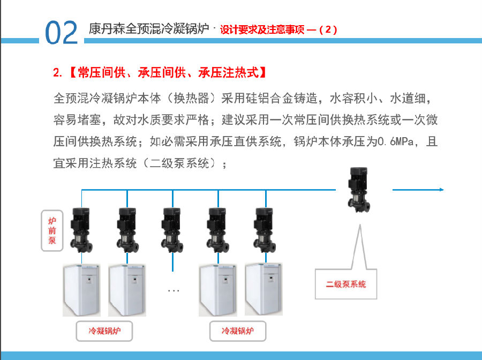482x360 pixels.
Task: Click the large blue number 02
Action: (x=61, y=32)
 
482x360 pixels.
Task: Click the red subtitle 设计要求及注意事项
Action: (x=262, y=29)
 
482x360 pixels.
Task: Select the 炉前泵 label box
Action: (x=52, y=230)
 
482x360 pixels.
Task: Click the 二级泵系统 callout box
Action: (x=346, y=284)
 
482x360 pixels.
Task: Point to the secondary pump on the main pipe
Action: (x=358, y=190)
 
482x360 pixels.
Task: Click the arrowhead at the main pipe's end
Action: (x=442, y=190)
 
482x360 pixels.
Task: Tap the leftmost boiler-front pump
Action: (x=81, y=230)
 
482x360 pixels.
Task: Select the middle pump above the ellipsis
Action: (x=172, y=230)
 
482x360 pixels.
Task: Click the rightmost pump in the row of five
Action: (x=265, y=230)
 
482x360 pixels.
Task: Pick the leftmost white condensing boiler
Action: (x=82, y=290)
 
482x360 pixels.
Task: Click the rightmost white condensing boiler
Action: (x=263, y=289)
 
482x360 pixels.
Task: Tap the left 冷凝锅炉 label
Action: (x=104, y=331)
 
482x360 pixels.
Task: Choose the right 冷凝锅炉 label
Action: (x=238, y=331)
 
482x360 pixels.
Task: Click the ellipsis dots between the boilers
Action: (x=174, y=290)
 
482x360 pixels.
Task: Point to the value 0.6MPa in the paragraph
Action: (x=396, y=141)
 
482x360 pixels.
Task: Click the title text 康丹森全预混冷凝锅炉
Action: (x=149, y=29)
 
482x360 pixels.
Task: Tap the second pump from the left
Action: (x=127, y=230)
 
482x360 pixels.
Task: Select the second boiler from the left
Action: (x=127, y=290)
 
